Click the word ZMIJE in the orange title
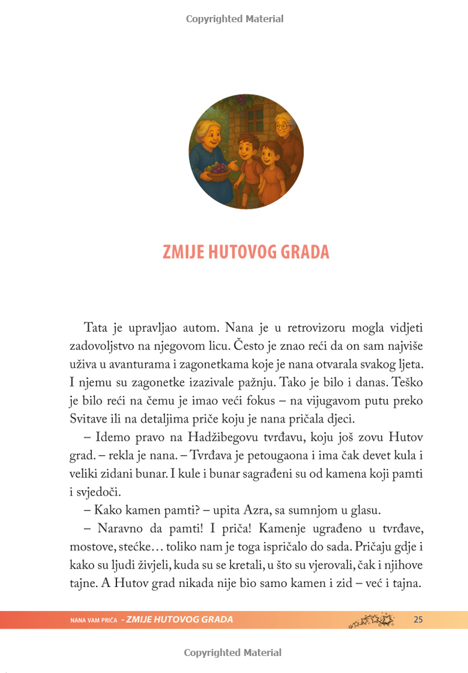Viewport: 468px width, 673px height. [x=182, y=252]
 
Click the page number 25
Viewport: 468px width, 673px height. [x=418, y=620]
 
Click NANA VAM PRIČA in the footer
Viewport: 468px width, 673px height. [x=94, y=620]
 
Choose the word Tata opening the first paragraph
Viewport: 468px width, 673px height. [x=97, y=326]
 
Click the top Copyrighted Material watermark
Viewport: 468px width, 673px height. [x=235, y=19]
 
